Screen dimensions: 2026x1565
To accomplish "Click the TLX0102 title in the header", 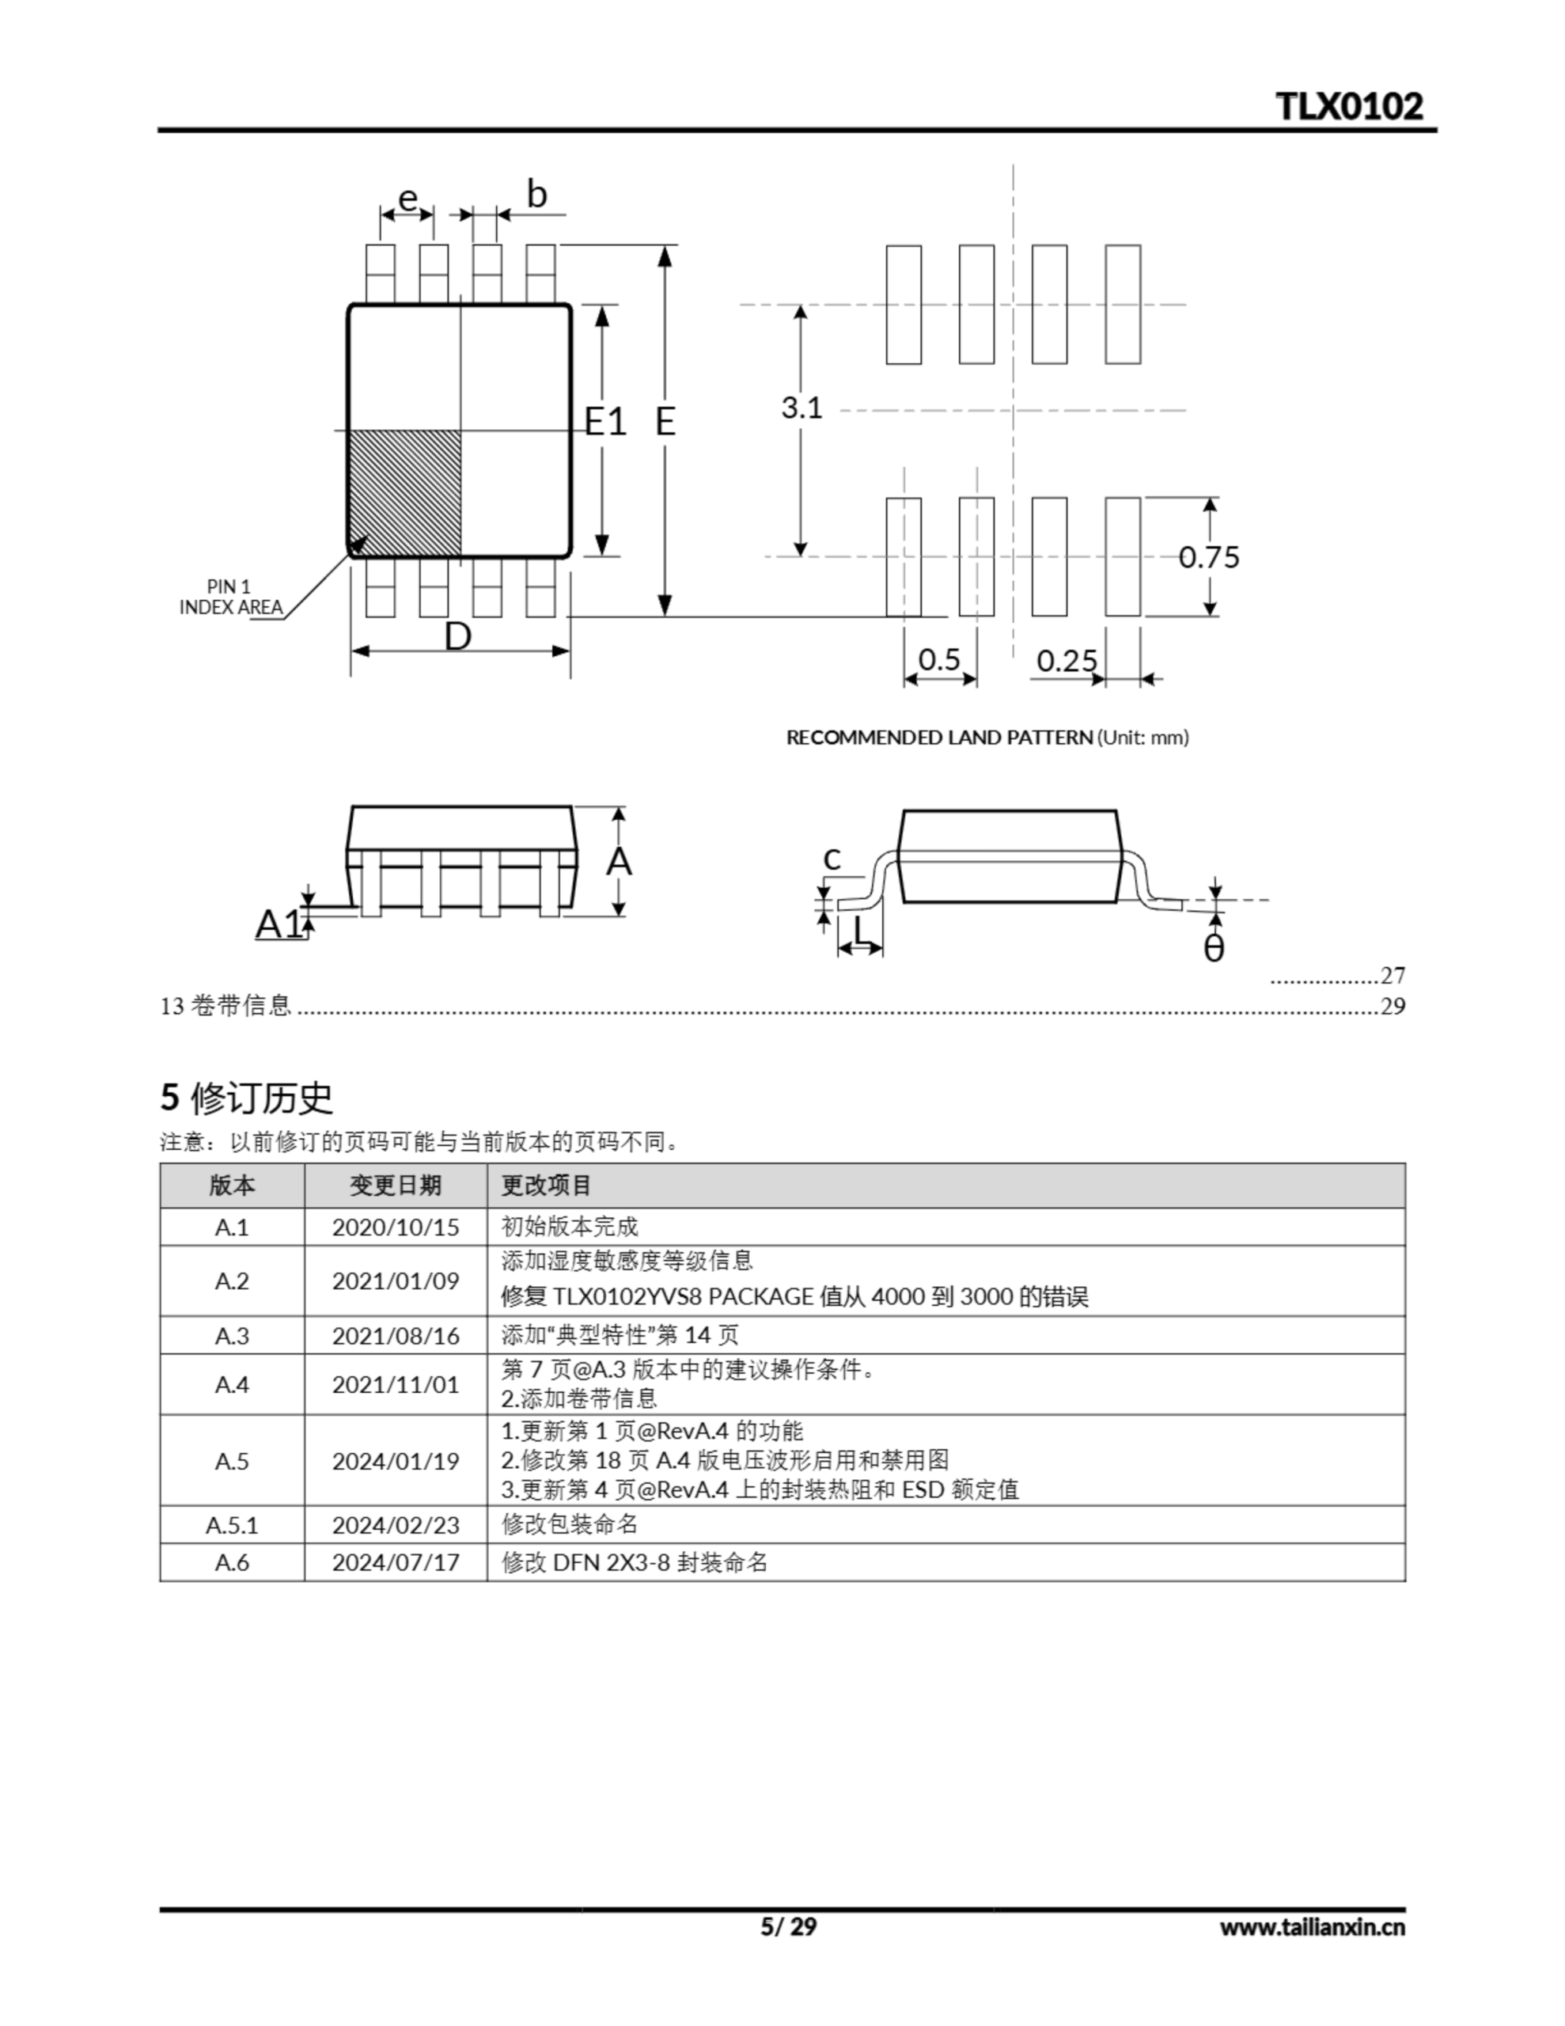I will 1349,107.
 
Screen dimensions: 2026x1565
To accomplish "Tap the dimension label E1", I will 604,422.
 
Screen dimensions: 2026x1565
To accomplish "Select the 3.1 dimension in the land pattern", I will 801,408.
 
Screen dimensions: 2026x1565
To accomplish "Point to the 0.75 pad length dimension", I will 1208,556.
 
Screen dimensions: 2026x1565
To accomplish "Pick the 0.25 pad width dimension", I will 1066,662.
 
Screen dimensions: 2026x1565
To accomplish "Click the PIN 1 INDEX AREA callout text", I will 230,598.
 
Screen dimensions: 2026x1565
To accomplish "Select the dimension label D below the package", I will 458,637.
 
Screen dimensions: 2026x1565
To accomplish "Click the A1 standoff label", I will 279,924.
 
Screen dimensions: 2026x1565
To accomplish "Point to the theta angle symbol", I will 1214,948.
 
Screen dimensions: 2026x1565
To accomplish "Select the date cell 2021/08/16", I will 395,1336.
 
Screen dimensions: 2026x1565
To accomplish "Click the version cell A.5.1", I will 232,1525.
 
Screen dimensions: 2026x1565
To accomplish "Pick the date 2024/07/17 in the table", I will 395,1563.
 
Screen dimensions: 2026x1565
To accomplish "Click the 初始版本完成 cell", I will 570,1227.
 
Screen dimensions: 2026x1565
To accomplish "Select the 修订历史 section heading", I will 247,1098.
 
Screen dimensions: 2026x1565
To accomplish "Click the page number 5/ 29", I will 789,1928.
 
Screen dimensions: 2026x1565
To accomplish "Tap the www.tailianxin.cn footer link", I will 1312,1928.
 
